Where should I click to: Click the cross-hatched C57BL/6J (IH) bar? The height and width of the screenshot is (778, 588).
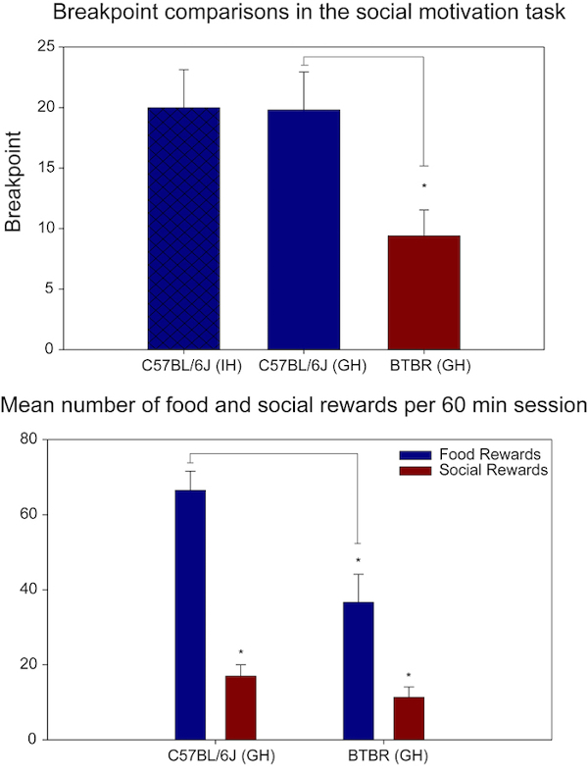coord(184,229)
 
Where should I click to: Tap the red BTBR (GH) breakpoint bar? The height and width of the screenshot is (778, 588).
coord(424,292)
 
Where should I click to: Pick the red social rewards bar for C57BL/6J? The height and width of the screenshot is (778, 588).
coord(241,707)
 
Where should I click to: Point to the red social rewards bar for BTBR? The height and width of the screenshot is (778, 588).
coord(409,718)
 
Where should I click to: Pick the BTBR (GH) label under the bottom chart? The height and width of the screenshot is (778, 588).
coord(387,755)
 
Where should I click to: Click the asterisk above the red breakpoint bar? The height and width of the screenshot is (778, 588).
coord(424,186)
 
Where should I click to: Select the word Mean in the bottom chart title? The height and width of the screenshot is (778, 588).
coord(29,402)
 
